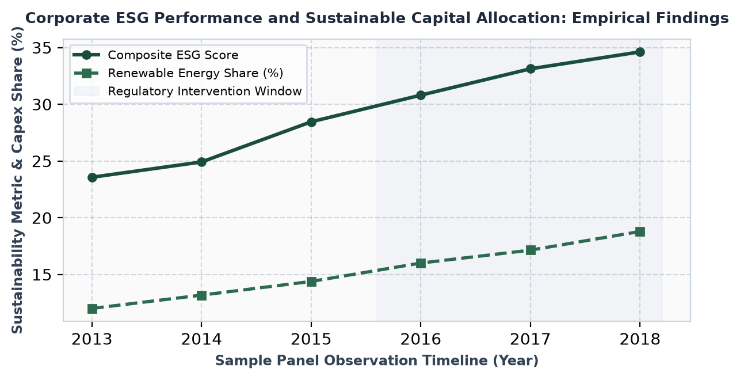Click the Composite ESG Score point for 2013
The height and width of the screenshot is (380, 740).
tap(92, 177)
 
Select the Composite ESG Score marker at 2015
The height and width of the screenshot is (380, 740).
tap(311, 122)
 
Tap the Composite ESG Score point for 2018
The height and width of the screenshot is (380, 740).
tap(640, 52)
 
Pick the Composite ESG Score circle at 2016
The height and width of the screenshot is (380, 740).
tap(421, 95)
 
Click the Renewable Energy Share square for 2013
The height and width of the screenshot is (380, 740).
tap(92, 309)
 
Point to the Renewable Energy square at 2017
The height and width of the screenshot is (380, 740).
tap(530, 250)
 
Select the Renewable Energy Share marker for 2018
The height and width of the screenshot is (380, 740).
tap(640, 231)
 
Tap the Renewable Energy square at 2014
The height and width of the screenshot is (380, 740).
tap(201, 295)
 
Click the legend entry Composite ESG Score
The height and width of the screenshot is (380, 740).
tap(173, 55)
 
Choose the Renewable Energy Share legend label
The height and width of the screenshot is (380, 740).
tap(196, 73)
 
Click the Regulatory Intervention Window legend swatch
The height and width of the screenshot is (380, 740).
tap(86, 91)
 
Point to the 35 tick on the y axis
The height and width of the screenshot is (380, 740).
tap(42, 48)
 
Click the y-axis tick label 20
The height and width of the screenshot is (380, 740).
tap(42, 218)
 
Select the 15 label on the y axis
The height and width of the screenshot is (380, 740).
tap(42, 275)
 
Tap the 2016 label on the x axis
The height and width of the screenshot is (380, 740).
tap(421, 339)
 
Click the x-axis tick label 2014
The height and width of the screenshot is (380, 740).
tap(201, 339)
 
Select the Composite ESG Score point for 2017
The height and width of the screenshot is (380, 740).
tap(530, 69)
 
